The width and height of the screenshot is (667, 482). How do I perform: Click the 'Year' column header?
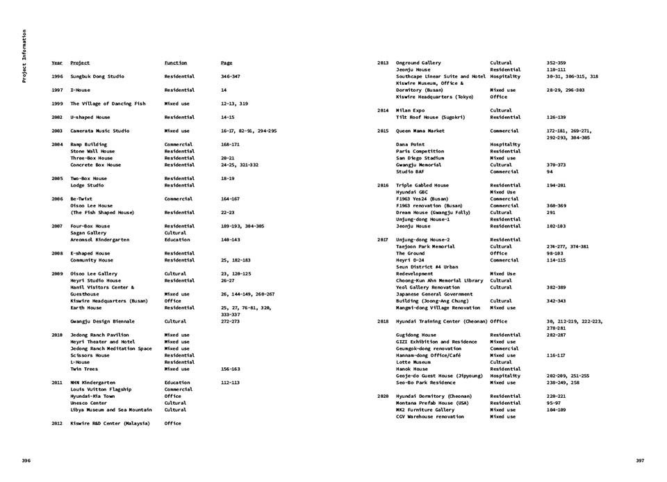click(57, 63)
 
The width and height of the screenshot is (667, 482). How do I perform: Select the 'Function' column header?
click(175, 63)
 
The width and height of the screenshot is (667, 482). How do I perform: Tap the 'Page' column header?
click(227, 63)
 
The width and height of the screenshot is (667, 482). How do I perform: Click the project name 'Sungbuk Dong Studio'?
click(97, 77)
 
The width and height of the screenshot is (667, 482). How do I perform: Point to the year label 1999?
click(57, 104)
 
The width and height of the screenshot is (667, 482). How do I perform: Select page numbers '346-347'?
click(230, 77)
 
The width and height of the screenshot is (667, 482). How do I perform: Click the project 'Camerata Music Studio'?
click(100, 131)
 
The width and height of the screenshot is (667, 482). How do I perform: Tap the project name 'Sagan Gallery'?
click(87, 233)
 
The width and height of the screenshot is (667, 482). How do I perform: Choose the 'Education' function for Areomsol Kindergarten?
click(177, 239)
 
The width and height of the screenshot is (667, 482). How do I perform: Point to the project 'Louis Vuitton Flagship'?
click(101, 389)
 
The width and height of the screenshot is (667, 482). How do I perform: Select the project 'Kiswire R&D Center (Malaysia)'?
click(110, 424)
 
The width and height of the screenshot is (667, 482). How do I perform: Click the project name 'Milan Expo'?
click(410, 111)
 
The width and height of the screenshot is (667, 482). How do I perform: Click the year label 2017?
click(382, 239)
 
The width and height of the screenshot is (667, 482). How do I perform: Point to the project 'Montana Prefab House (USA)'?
click(432, 403)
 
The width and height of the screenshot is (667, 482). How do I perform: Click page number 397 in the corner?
click(640, 460)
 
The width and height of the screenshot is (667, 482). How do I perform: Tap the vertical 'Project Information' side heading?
click(24, 56)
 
